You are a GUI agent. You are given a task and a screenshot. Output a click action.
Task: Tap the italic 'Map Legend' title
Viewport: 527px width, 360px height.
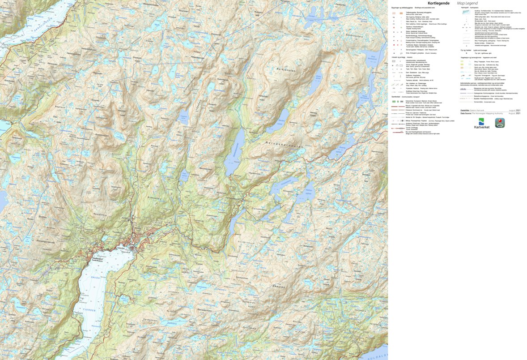tap(467, 3)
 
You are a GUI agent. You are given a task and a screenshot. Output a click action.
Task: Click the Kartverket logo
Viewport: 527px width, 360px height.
tap(481, 124)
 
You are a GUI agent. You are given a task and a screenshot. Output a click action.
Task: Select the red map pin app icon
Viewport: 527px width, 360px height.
tap(500, 123)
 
